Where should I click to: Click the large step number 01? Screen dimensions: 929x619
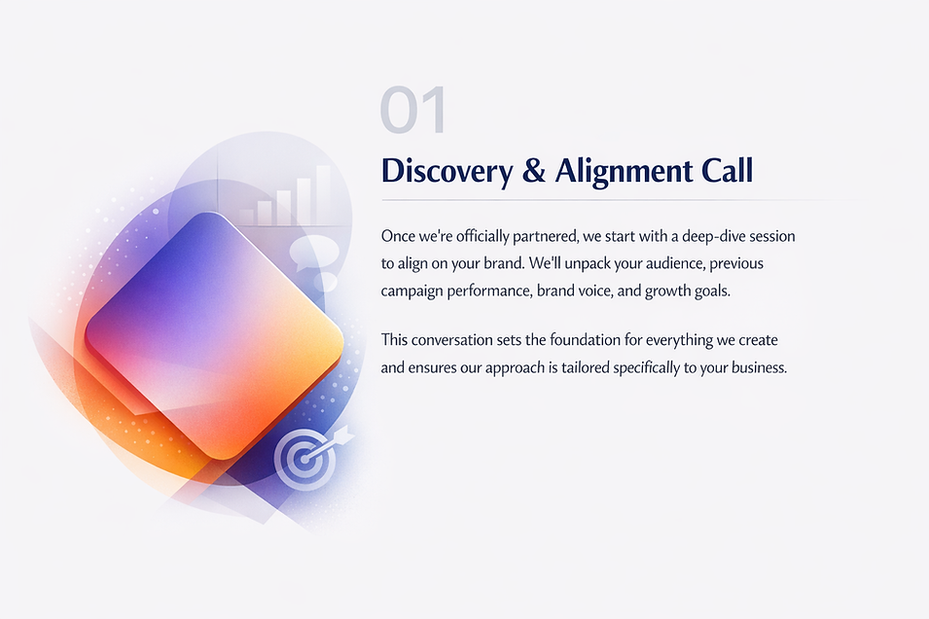pos(413,110)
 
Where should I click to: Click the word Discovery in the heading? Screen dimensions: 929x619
pos(447,171)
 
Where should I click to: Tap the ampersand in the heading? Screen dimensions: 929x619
pos(534,170)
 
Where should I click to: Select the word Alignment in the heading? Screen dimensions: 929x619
pos(624,172)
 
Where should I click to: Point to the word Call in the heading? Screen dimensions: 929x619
pos(728,170)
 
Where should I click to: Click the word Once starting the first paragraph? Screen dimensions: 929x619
pos(398,236)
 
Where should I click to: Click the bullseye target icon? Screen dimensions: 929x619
pos(305,458)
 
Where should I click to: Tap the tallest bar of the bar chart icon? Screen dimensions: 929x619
pos(324,194)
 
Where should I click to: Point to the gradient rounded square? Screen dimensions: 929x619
pos(214,335)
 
